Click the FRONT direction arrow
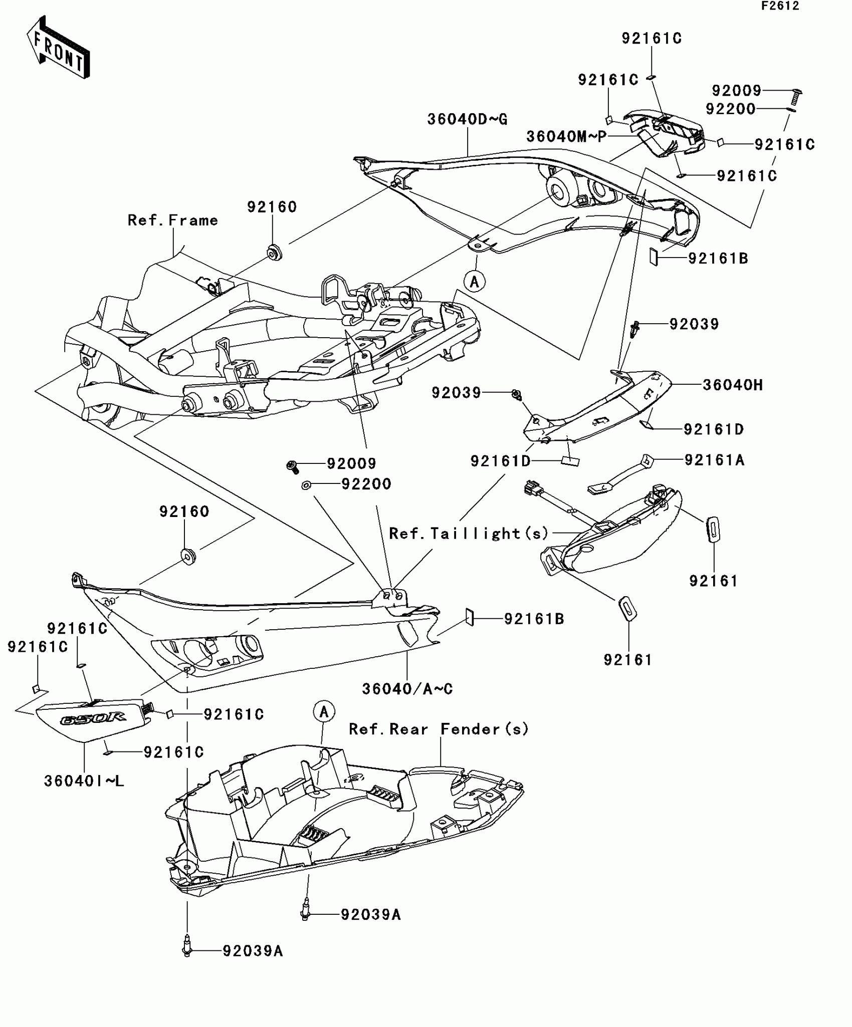[58, 48]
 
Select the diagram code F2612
[780, 6]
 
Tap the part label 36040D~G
[467, 119]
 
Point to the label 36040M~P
[566, 136]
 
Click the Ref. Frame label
[172, 220]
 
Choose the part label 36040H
[732, 385]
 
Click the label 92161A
[714, 460]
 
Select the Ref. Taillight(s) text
[469, 533]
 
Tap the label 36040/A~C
[407, 689]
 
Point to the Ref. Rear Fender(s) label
[439, 729]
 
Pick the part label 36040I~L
[84, 781]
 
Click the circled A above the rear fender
[324, 711]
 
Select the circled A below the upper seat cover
[474, 282]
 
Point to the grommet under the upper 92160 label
[274, 252]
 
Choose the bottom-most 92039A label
[253, 950]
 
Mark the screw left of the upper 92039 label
[634, 329]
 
